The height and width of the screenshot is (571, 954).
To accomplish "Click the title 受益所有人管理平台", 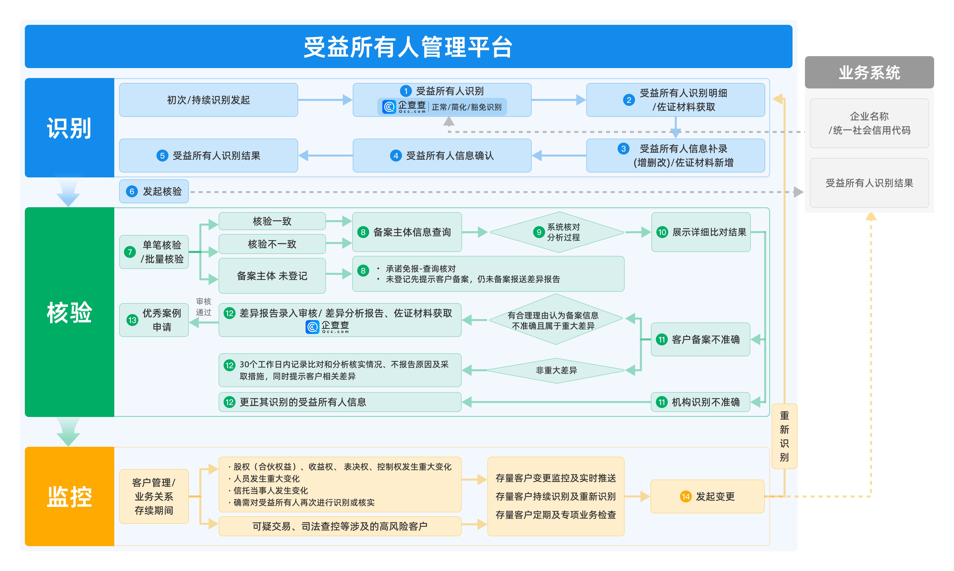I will pos(408,47).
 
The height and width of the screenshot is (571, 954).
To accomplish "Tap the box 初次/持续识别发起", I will pos(208,100).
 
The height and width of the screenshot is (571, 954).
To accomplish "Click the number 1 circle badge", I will pos(405,91).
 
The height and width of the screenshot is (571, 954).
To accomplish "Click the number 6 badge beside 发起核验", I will pos(132,191).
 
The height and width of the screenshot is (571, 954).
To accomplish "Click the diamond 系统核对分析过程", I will pos(557,232).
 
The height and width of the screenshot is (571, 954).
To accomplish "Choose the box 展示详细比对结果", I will pos(701,232).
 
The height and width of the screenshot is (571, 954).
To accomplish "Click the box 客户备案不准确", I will pos(700,339).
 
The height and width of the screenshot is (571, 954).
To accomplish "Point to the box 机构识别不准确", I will pos(700,402).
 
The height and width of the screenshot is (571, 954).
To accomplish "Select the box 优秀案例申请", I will pos(154,320).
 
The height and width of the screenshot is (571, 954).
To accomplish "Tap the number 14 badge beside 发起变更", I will pos(685,496).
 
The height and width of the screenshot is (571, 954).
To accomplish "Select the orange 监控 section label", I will pos(69,496).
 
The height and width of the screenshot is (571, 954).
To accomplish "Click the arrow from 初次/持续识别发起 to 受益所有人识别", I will pos(325,100).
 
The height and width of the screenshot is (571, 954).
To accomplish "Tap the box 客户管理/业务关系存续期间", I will pos(154,496).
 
